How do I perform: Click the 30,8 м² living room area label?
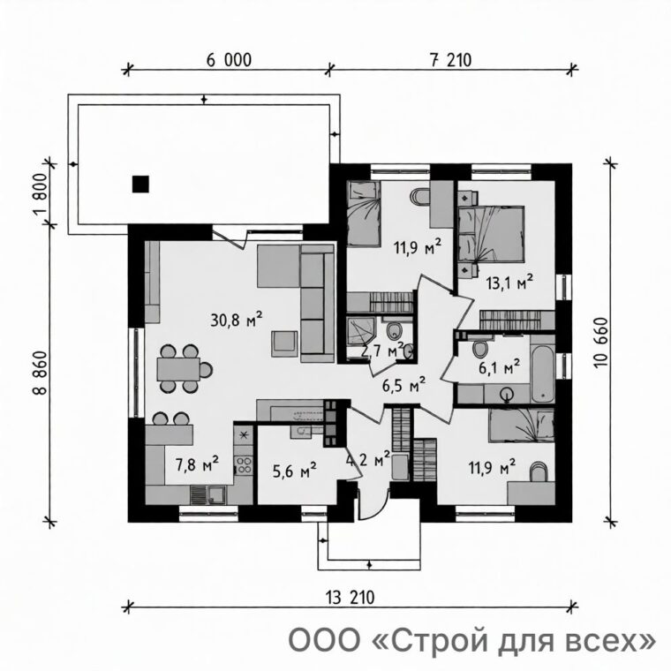point(237,320)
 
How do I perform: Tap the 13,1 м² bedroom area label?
point(509,283)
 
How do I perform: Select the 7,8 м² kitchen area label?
point(197,464)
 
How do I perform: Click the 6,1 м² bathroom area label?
point(500,366)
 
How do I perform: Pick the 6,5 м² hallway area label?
point(403,385)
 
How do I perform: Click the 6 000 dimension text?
point(229,60)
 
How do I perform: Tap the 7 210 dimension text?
point(450,60)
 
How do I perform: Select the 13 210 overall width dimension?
point(350,598)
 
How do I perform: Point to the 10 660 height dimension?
point(600,343)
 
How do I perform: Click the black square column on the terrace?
point(140,184)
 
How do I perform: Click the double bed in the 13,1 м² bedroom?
point(492,234)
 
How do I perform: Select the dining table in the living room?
point(178,369)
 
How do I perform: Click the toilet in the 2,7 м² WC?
point(393,330)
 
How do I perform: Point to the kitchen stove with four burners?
point(245,465)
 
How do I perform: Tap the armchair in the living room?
point(284,343)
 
